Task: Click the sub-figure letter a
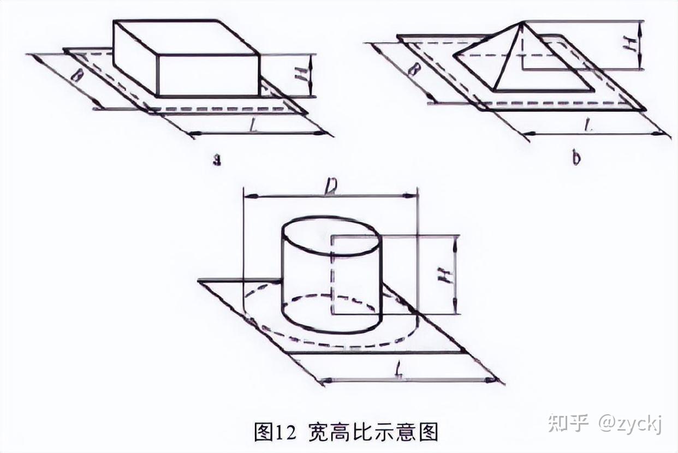click(x=217, y=161)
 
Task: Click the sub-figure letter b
click(x=576, y=159)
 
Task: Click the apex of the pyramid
click(x=523, y=22)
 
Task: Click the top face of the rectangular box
click(x=186, y=37)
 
